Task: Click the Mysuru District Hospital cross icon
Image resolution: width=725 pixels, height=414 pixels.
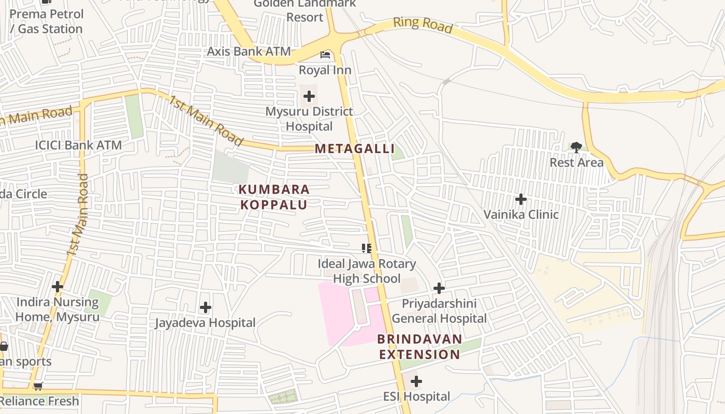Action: click(x=309, y=96)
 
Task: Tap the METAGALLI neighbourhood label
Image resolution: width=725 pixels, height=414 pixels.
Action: click(x=355, y=149)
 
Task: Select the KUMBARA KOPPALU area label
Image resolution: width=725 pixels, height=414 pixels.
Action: click(x=274, y=197)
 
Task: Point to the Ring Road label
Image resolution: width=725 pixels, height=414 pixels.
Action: click(x=423, y=25)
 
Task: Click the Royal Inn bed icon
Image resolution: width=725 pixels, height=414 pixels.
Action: click(x=325, y=54)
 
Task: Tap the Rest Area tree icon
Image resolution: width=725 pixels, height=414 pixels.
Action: click(x=576, y=147)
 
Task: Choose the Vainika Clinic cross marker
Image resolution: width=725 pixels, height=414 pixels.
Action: click(x=521, y=199)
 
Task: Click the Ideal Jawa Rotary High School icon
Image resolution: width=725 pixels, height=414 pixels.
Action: click(x=367, y=248)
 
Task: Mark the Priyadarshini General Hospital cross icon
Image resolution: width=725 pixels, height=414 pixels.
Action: click(x=439, y=288)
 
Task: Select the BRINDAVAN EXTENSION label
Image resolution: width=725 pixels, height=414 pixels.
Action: click(x=419, y=347)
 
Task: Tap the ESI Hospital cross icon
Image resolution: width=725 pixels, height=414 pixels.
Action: click(x=416, y=382)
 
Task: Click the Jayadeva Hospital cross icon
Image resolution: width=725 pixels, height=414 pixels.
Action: click(x=206, y=308)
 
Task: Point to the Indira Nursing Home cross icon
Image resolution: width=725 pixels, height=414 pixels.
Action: click(x=57, y=287)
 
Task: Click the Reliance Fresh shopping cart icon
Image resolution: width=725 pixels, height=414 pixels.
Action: click(x=38, y=386)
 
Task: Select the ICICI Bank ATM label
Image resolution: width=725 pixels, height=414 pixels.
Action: click(x=78, y=145)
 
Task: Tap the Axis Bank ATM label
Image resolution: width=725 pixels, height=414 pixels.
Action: click(x=249, y=52)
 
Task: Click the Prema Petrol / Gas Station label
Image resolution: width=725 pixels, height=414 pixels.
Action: click(x=47, y=21)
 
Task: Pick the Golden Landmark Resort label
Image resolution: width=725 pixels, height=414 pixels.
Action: click(x=304, y=10)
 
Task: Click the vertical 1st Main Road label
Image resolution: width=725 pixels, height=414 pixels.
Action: click(x=78, y=215)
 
